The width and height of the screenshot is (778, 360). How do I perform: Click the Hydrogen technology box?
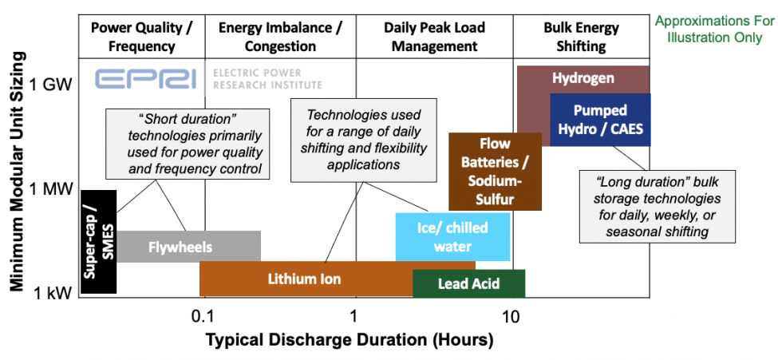583,78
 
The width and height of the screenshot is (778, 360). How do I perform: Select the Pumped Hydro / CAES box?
600,119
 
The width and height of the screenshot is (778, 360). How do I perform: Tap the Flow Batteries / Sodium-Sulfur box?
495,172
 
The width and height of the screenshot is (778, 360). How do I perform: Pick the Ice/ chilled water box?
452,237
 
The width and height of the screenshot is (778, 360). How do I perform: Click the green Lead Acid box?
468,283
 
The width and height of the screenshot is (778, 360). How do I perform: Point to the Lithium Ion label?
304,279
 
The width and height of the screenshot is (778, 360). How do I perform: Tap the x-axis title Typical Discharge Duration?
350,340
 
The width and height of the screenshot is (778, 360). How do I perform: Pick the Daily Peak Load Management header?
433,37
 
